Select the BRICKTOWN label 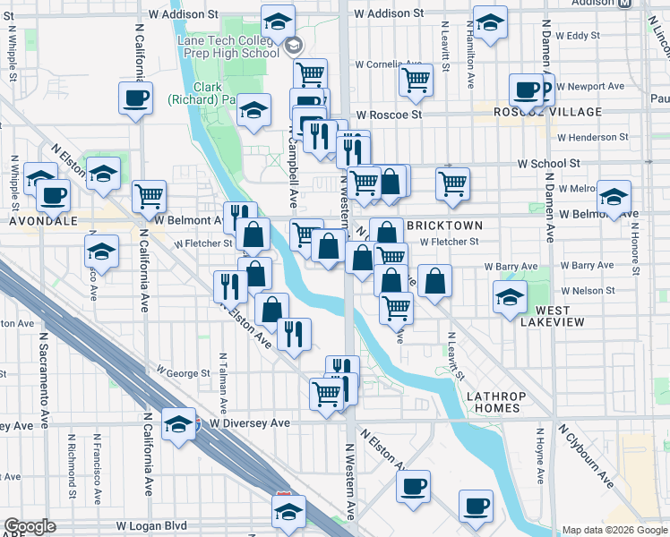tap(444, 226)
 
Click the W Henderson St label tap(592, 138)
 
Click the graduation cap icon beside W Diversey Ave tap(179, 423)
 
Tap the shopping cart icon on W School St tap(453, 183)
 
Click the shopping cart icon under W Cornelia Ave tap(416, 79)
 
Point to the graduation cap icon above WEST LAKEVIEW tap(510, 296)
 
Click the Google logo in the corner tap(30, 526)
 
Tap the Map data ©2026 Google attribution tap(614, 530)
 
